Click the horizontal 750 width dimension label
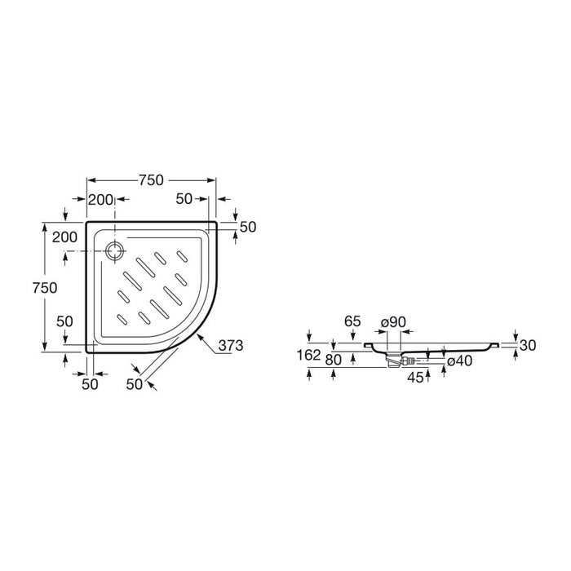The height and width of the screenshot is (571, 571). (x=151, y=180)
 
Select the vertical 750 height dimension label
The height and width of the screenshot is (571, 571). (x=45, y=288)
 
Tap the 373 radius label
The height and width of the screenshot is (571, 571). (x=231, y=345)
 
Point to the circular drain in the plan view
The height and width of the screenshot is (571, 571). (x=116, y=251)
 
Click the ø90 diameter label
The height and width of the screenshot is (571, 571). (x=393, y=322)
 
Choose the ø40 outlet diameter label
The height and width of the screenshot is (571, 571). (x=459, y=361)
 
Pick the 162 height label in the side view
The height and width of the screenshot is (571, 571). (x=309, y=355)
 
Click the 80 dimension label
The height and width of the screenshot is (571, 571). (x=333, y=360)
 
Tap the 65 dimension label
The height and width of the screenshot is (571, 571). (x=352, y=321)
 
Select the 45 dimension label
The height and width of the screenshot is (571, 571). (x=415, y=377)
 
